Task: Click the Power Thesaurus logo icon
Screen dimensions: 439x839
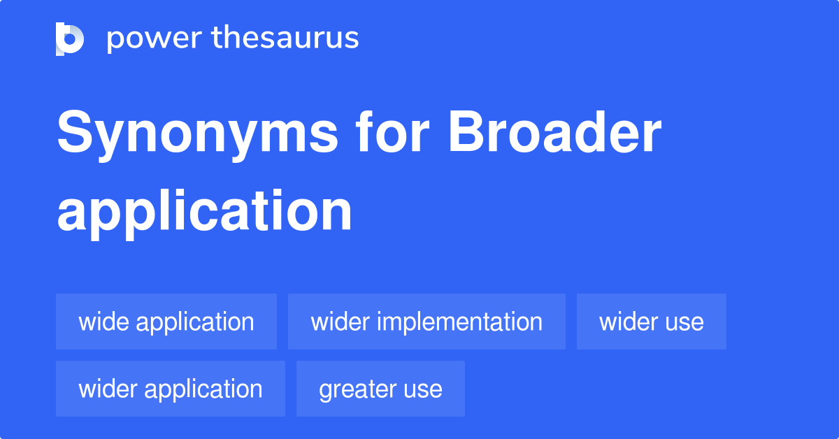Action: pyautogui.click(x=70, y=38)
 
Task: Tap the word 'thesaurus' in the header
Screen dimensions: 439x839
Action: pyautogui.click(x=285, y=38)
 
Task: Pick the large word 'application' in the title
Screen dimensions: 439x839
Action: pyautogui.click(x=204, y=212)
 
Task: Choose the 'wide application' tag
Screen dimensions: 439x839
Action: pyautogui.click(x=166, y=322)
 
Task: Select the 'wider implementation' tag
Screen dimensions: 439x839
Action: pyautogui.click(x=426, y=322)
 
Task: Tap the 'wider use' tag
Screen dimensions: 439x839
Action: pyautogui.click(x=652, y=322)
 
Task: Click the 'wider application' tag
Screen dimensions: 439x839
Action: pyautogui.click(x=171, y=389)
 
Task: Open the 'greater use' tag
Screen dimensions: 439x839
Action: pyautogui.click(x=380, y=389)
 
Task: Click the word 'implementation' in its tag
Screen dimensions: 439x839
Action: pyautogui.click(x=459, y=322)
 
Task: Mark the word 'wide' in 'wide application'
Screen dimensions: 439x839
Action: pyautogui.click(x=104, y=322)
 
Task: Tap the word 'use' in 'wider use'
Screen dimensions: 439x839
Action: pyautogui.click(x=685, y=322)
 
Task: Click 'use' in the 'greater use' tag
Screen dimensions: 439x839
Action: pyautogui.click(x=425, y=389)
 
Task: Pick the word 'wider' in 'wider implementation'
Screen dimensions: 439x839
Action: pyautogui.click(x=340, y=322)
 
